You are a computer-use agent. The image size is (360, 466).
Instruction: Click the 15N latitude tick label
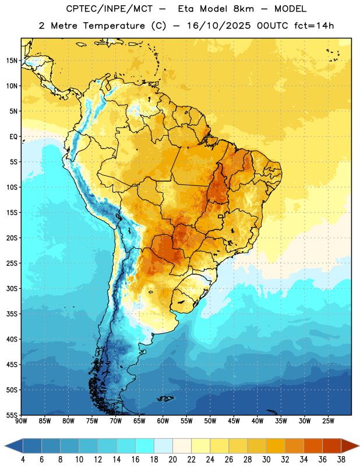(x=12, y=61)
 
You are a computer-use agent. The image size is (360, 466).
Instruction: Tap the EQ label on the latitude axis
(x=13, y=137)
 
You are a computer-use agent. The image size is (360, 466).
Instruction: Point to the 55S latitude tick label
(x=12, y=415)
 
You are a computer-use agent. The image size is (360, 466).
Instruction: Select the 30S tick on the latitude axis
(x=12, y=288)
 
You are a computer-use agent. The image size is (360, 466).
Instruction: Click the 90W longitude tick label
(x=21, y=421)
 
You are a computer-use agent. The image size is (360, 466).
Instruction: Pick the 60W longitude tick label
(x=163, y=421)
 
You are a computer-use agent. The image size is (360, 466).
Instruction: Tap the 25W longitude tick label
(x=328, y=421)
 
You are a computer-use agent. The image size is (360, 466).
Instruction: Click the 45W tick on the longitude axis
(x=234, y=421)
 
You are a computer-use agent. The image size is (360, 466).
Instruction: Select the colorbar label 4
(x=23, y=460)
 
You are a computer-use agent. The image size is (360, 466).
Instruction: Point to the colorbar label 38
(x=341, y=460)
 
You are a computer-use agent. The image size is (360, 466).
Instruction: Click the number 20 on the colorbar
(x=172, y=460)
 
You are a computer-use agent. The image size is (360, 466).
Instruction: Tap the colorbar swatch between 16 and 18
(x=145, y=446)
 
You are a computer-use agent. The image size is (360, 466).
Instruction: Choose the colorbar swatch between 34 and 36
(x=313, y=446)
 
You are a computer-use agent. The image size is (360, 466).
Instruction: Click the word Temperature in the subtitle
(x=114, y=26)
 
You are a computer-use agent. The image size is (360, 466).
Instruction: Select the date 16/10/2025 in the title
(x=219, y=26)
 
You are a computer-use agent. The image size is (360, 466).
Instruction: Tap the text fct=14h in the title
(x=314, y=26)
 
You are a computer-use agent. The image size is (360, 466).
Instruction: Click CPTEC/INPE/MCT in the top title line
(x=109, y=9)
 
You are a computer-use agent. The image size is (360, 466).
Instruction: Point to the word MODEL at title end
(x=290, y=9)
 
